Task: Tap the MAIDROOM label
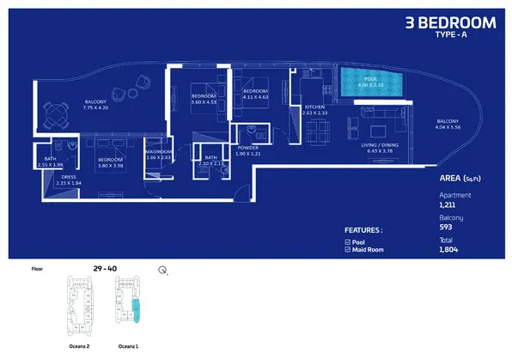click(160, 153)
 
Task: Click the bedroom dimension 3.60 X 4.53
click(204, 101)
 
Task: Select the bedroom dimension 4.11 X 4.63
click(255, 101)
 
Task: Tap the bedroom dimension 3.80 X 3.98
click(115, 164)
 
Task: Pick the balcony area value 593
click(445, 228)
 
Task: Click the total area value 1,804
click(448, 248)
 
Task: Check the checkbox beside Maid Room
click(347, 249)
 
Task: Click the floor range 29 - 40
click(106, 268)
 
